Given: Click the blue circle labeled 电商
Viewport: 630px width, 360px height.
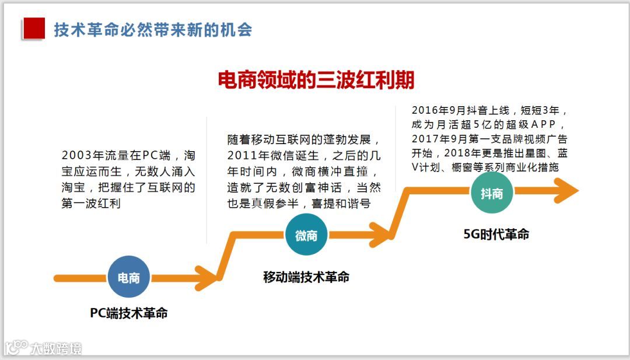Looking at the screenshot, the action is click(x=128, y=278).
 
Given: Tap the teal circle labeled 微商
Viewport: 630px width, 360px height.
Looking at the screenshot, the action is click(x=306, y=235).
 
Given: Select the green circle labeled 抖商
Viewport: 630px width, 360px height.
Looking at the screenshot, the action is click(x=492, y=193).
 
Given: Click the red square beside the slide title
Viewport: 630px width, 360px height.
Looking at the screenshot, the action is click(x=33, y=29).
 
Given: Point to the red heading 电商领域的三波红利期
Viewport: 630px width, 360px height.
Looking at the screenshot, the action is click(x=316, y=80).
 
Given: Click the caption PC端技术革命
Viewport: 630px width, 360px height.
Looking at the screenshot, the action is click(x=129, y=313).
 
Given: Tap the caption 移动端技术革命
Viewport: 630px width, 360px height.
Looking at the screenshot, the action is click(x=306, y=277).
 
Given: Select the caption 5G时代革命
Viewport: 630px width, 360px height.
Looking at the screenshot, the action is click(x=496, y=234).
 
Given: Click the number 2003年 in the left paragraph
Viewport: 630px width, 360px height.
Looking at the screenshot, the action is click(x=82, y=156).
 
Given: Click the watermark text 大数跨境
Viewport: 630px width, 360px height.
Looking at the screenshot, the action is click(x=57, y=348).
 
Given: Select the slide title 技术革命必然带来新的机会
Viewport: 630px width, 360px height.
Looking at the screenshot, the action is click(x=153, y=29).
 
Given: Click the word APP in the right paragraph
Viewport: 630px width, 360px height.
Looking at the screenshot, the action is click(x=544, y=124).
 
